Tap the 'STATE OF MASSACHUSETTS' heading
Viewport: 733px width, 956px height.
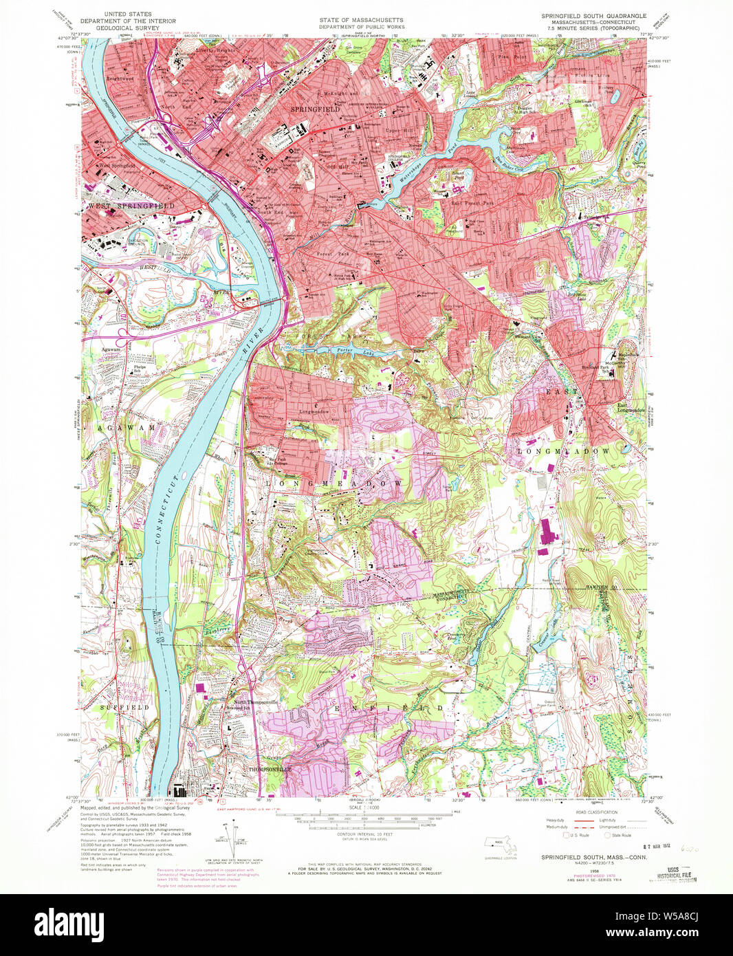[x=360, y=21]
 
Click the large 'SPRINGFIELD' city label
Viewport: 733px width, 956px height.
[x=315, y=109]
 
